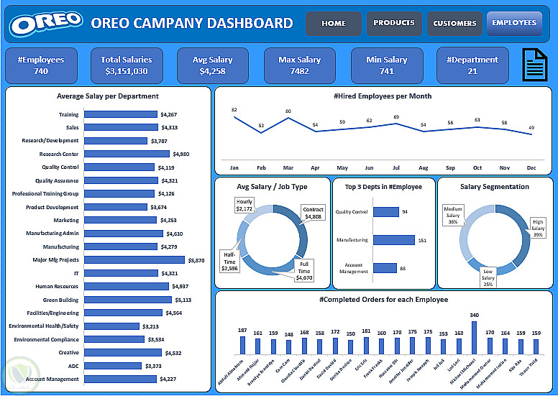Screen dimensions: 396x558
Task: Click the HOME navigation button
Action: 334,23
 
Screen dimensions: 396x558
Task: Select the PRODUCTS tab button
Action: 394,23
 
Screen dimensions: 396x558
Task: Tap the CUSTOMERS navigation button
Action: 454,23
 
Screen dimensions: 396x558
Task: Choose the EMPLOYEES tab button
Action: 514,23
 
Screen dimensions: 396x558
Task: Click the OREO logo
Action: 46,24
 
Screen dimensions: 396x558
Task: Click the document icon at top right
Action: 532,65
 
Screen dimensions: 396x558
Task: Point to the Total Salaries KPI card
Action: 127,65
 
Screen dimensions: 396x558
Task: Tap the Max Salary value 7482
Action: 300,71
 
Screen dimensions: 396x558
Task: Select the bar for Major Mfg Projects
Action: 134,260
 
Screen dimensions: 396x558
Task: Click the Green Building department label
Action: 61,300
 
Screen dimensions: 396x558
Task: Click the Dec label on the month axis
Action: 531,167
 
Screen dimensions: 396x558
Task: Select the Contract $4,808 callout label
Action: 314,213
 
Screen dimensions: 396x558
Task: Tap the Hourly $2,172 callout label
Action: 244,206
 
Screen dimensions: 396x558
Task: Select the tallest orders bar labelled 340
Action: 474,338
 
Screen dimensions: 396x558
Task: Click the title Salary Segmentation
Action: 494,187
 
